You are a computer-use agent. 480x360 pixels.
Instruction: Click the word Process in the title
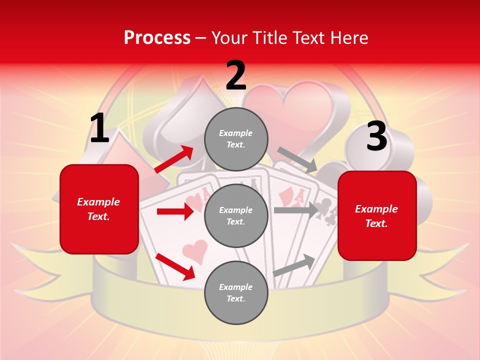click(x=157, y=37)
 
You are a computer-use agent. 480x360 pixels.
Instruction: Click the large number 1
click(x=99, y=128)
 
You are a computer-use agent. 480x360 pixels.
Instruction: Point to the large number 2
click(x=236, y=75)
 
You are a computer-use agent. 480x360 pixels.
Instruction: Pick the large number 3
click(x=376, y=136)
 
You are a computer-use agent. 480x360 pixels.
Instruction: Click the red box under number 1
click(x=99, y=209)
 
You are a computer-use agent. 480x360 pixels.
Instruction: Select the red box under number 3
click(x=377, y=215)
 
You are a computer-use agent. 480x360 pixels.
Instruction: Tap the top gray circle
click(x=236, y=139)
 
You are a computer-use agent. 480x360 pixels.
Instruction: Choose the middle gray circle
click(x=236, y=215)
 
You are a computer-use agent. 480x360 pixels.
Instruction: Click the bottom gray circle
click(x=236, y=292)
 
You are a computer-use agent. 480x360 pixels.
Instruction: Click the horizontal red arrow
click(x=175, y=211)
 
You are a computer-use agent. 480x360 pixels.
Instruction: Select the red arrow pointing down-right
click(x=175, y=266)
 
